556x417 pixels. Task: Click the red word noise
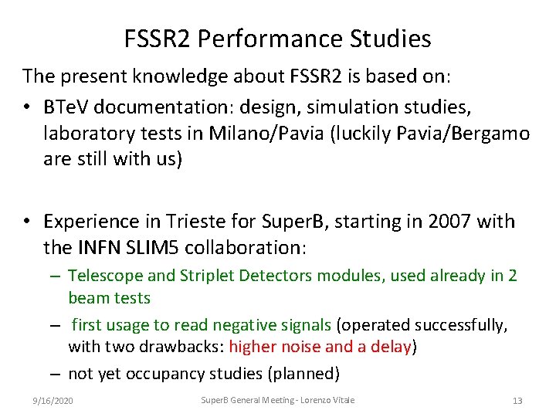(x=298, y=347)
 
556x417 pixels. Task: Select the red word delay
(x=391, y=347)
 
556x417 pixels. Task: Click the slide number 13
(x=517, y=401)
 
